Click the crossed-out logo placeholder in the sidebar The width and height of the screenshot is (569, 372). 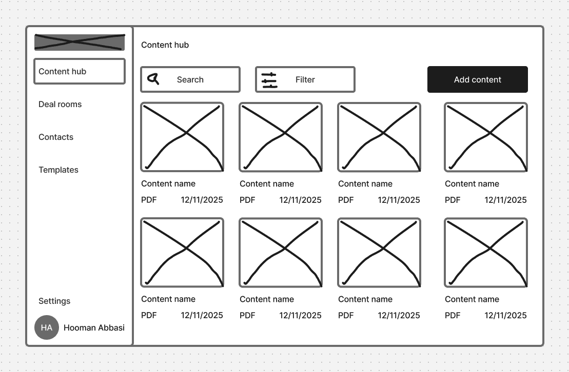click(80, 42)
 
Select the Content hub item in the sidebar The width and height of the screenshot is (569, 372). click(80, 71)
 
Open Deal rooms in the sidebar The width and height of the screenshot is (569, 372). click(60, 105)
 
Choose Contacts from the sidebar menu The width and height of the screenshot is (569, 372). click(56, 137)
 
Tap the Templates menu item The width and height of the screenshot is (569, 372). click(58, 170)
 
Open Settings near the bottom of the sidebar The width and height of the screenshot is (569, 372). click(54, 301)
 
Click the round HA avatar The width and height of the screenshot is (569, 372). click(47, 327)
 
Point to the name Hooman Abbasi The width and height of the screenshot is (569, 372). click(94, 328)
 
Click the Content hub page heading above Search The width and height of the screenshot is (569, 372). click(165, 45)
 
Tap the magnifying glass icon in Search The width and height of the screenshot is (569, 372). click(153, 79)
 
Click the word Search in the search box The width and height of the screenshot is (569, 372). click(190, 80)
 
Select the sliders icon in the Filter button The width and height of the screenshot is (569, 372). click(269, 80)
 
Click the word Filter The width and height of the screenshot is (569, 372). click(305, 80)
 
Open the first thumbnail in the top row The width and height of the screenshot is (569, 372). click(182, 137)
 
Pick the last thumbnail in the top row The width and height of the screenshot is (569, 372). click(486, 137)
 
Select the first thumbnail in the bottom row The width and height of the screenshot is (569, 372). click(182, 253)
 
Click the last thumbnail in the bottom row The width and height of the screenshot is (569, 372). click(486, 253)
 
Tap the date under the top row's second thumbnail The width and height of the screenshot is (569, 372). click(300, 200)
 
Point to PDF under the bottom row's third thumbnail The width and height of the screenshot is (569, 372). click(346, 316)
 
